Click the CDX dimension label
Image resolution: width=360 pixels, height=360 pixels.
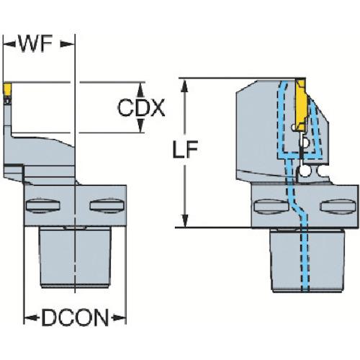point(141,107)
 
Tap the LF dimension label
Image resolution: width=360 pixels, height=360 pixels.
point(185,149)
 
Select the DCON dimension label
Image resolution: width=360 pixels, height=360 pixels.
point(75,318)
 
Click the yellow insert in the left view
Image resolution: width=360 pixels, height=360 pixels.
point(7,89)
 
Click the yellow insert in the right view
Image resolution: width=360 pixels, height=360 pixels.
point(301,106)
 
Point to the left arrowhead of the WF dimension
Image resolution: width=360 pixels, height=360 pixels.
point(9,44)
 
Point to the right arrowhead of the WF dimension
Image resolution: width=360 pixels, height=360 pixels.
point(67,44)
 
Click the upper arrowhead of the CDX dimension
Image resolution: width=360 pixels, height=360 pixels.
point(140,90)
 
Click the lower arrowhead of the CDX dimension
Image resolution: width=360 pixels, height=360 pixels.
point(140,125)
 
